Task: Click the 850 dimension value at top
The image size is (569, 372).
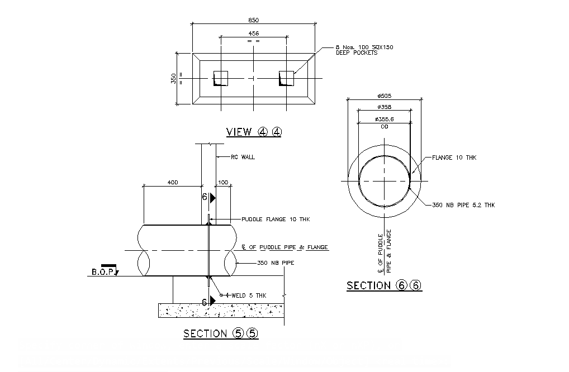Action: tap(253, 20)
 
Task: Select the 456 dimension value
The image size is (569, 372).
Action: tap(253, 34)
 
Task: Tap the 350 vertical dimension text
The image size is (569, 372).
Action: tap(173, 78)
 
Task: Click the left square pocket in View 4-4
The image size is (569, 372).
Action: tap(221, 78)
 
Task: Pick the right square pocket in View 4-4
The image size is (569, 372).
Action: tap(287, 78)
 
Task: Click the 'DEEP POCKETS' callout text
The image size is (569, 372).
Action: tap(357, 53)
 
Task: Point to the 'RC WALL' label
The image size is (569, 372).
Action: tap(243, 158)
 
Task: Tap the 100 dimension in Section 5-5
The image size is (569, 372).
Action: tap(222, 183)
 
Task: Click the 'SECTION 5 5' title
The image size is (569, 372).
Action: tap(221, 334)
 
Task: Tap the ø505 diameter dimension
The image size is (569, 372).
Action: tap(384, 96)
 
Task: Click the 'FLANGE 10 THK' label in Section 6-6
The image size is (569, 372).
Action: tap(454, 158)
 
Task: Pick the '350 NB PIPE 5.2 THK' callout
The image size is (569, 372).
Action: tap(463, 205)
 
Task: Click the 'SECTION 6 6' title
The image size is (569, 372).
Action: tap(384, 285)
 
